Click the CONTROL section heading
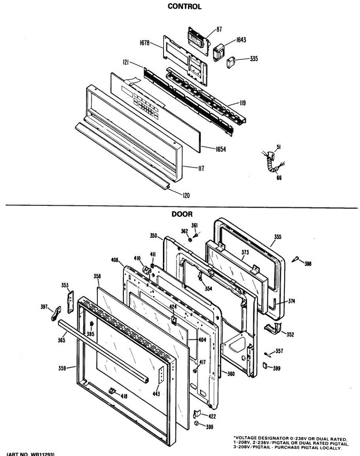tap(184, 6)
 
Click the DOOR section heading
tap(182, 214)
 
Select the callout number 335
tap(254, 59)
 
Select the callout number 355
tap(278, 237)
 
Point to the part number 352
tap(290, 334)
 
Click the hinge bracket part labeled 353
tap(71, 302)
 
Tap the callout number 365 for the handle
tap(62, 340)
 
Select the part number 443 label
tap(156, 394)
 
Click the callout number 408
tap(114, 261)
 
